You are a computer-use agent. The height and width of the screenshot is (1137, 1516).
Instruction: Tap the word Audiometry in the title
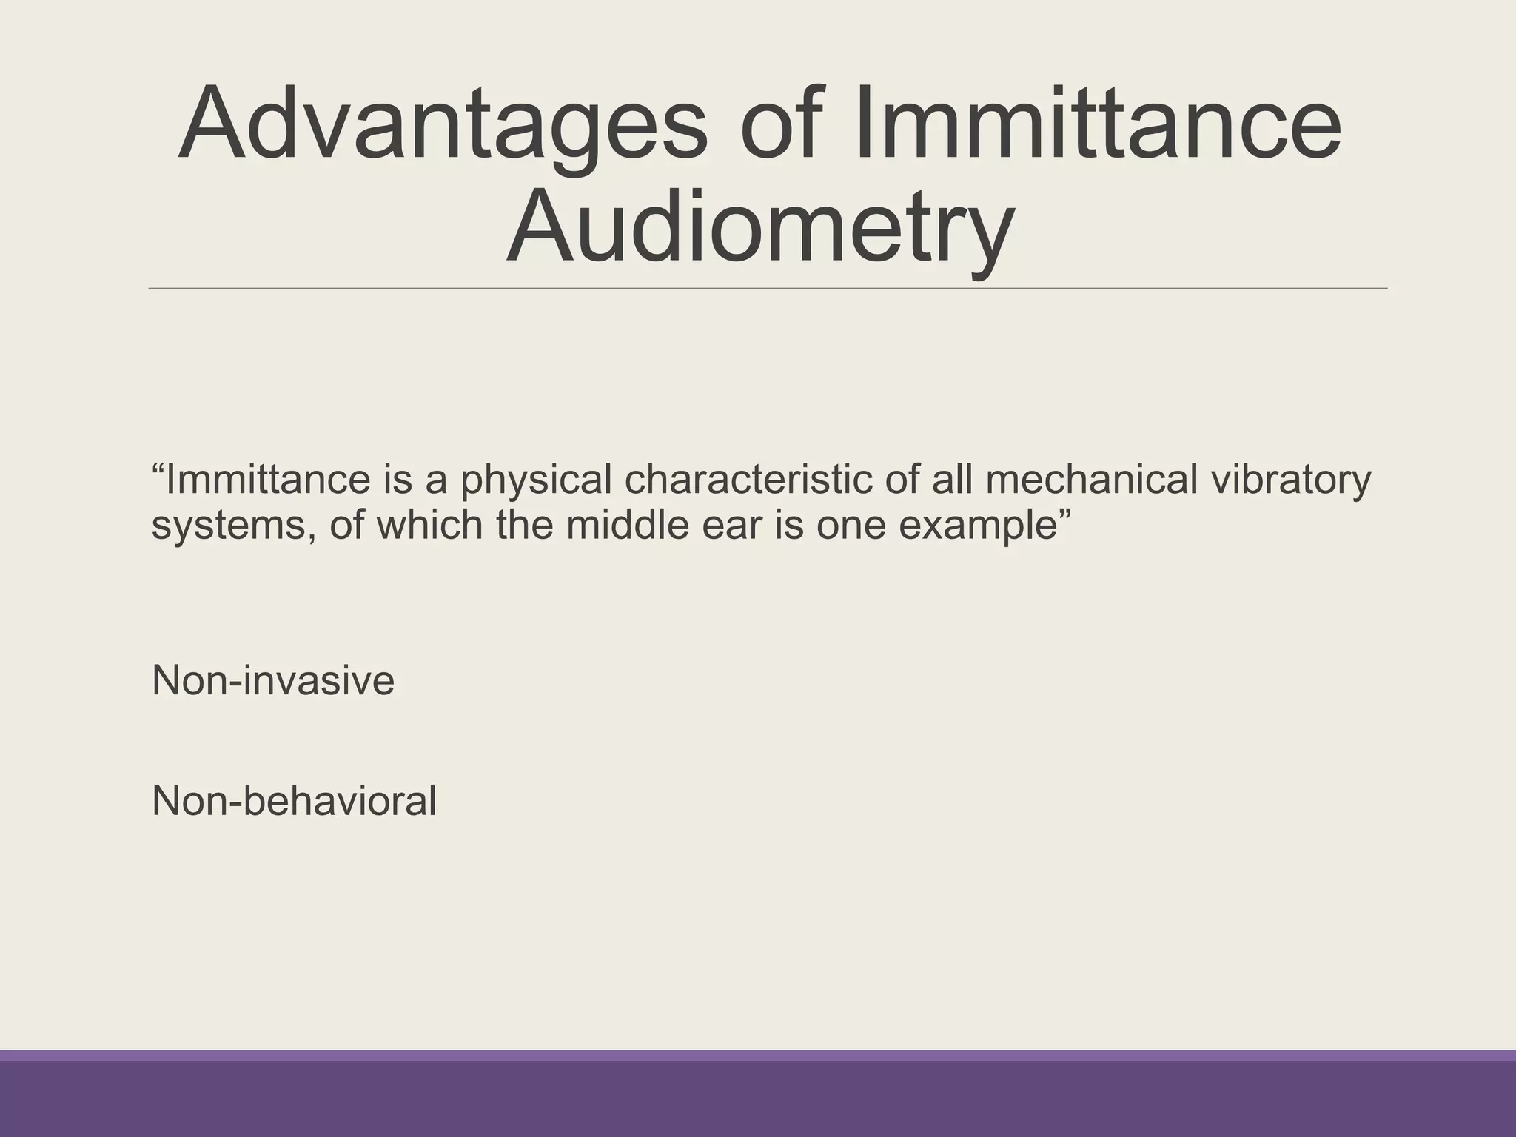point(759,226)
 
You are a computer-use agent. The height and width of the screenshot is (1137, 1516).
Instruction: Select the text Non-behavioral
point(294,801)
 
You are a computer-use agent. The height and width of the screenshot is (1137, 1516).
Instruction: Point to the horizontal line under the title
point(768,288)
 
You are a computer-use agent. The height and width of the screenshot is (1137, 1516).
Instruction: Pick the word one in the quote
point(850,526)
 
